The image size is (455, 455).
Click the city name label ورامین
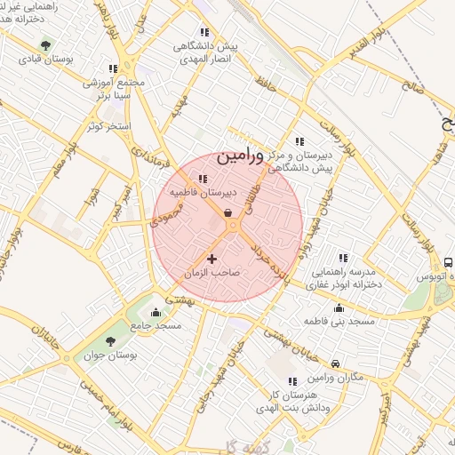[240, 156]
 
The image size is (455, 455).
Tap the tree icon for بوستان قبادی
[46, 45]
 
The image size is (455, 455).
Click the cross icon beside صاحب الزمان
[211, 258]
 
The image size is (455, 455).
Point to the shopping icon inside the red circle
[228, 212]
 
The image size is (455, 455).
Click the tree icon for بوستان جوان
[110, 340]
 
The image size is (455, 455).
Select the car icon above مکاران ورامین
[334, 363]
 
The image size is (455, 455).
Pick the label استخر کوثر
[108, 126]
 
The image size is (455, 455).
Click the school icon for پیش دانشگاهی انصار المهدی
[205, 32]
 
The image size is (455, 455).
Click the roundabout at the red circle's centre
[233, 227]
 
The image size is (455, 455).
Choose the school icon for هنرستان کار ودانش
[292, 381]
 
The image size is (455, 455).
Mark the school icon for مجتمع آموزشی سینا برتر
[112, 68]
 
